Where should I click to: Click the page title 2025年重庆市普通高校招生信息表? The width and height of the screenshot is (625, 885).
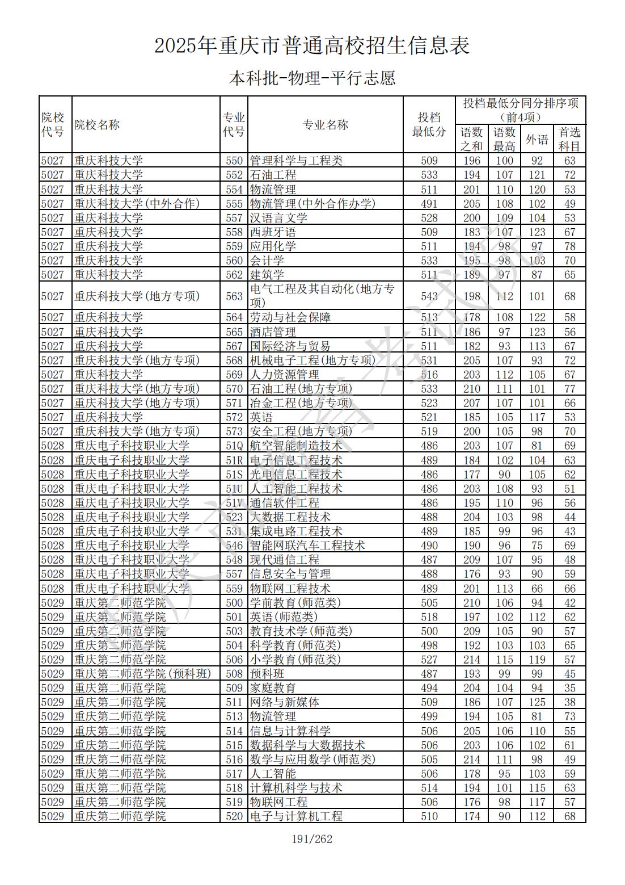point(312,46)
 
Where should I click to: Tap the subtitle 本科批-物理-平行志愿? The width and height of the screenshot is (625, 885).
point(312,78)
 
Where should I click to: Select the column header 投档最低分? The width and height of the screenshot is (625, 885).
point(429,125)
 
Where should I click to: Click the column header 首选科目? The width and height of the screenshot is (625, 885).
point(569,139)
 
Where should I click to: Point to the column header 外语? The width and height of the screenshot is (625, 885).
point(537,139)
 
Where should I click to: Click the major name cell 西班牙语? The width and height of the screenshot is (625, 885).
point(273,232)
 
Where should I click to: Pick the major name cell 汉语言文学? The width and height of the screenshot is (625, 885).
point(278,218)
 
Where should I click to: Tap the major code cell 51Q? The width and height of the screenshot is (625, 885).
point(234,446)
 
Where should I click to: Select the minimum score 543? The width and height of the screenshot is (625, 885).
point(429,296)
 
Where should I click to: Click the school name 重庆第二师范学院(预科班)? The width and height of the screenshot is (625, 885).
point(142,674)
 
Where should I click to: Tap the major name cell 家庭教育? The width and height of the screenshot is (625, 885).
point(273,688)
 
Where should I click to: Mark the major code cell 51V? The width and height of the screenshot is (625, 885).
point(234,503)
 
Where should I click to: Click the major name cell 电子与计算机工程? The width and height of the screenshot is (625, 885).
point(296,816)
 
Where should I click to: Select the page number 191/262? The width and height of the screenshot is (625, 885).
point(312,839)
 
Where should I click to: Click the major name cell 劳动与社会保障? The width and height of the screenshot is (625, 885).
point(290,317)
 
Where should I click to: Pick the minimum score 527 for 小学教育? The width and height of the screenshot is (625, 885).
point(429,660)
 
